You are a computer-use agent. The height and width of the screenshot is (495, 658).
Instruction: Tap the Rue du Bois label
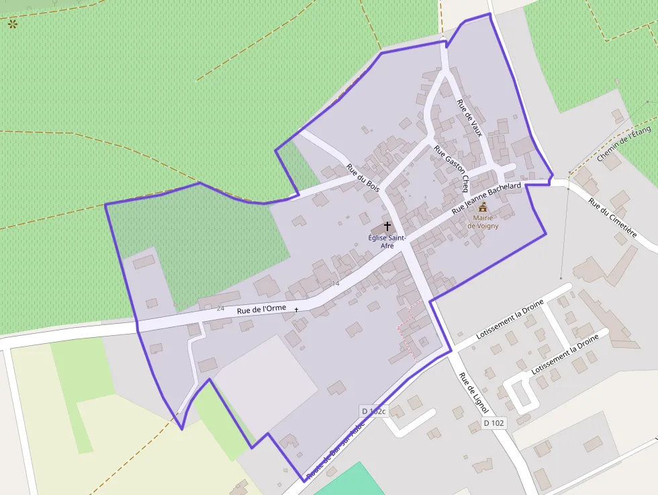pos(363,178)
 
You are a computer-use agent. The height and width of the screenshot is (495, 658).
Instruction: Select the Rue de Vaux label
pos(469,118)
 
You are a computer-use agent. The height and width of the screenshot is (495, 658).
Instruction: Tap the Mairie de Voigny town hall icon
pos(483,208)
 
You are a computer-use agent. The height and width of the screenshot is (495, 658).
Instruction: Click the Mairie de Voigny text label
pos(483,222)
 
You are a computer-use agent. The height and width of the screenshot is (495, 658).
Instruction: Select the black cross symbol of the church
pos(387,227)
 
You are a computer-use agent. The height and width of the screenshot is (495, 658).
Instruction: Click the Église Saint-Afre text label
pos(387,241)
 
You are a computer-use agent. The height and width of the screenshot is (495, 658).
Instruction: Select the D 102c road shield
pos(373,411)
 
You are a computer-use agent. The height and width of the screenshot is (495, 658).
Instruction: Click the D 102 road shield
pos(493,423)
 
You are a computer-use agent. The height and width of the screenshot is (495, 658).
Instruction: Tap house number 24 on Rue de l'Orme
pos(221,308)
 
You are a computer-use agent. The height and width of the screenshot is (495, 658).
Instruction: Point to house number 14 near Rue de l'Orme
pos(336,283)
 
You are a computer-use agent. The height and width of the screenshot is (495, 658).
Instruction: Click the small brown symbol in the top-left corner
pos(12,24)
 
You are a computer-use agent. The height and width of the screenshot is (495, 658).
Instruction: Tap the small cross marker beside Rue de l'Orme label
pos(296,310)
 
